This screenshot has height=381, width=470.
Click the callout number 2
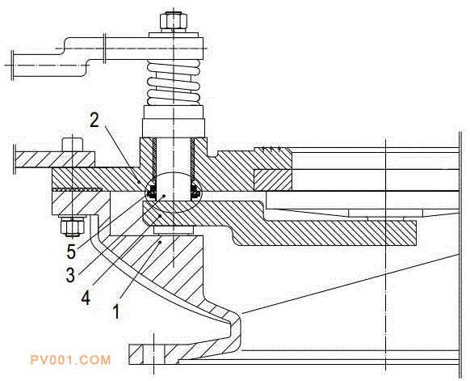coord(94,120)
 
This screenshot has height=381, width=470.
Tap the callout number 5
coord(71,252)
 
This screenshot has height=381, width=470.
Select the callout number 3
coord(70,275)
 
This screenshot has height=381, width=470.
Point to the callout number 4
coord(86,297)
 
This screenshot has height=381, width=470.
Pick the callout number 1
coord(116,311)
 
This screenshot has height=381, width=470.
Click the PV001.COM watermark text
coord(71,360)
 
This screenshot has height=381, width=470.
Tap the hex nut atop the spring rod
coord(174,21)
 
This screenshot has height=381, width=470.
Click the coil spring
coord(174,83)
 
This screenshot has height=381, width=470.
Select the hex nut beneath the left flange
coord(72,226)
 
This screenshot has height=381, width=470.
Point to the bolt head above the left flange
coord(72,145)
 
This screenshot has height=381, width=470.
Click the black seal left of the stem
coord(153,192)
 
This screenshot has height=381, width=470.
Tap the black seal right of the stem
coord(195,192)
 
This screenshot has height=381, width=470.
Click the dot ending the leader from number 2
coord(139,182)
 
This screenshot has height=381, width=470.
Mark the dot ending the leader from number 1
coord(161,242)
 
